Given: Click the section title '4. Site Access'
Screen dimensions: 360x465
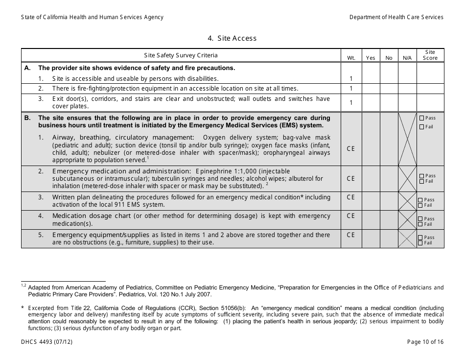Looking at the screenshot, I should [232, 38].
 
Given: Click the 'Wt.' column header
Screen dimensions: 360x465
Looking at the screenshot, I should [351, 58].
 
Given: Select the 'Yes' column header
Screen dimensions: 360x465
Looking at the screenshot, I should [371, 58].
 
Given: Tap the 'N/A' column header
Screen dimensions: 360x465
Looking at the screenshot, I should [407, 58].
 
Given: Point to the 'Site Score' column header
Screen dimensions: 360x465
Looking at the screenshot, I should [430, 55].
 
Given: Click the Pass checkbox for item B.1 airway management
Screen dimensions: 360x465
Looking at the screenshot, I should [422, 118].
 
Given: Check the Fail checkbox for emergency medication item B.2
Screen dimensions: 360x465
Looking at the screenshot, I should [422, 182].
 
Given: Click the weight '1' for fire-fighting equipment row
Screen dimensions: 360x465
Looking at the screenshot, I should [351, 89].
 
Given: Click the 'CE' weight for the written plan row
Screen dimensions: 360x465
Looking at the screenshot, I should [351, 197].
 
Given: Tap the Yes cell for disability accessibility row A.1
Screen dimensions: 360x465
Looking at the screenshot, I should [371, 78].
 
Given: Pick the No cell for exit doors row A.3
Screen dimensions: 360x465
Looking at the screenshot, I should [389, 102].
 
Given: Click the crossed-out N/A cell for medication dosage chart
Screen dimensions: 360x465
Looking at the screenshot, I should [407, 219].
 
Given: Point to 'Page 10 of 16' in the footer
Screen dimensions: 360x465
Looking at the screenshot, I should [425, 342].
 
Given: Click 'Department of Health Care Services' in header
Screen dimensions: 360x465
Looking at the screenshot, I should [396, 17].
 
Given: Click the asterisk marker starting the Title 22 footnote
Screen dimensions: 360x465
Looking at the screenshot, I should [23, 308].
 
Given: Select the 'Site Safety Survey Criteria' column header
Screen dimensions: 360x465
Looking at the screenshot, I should [181, 55].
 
